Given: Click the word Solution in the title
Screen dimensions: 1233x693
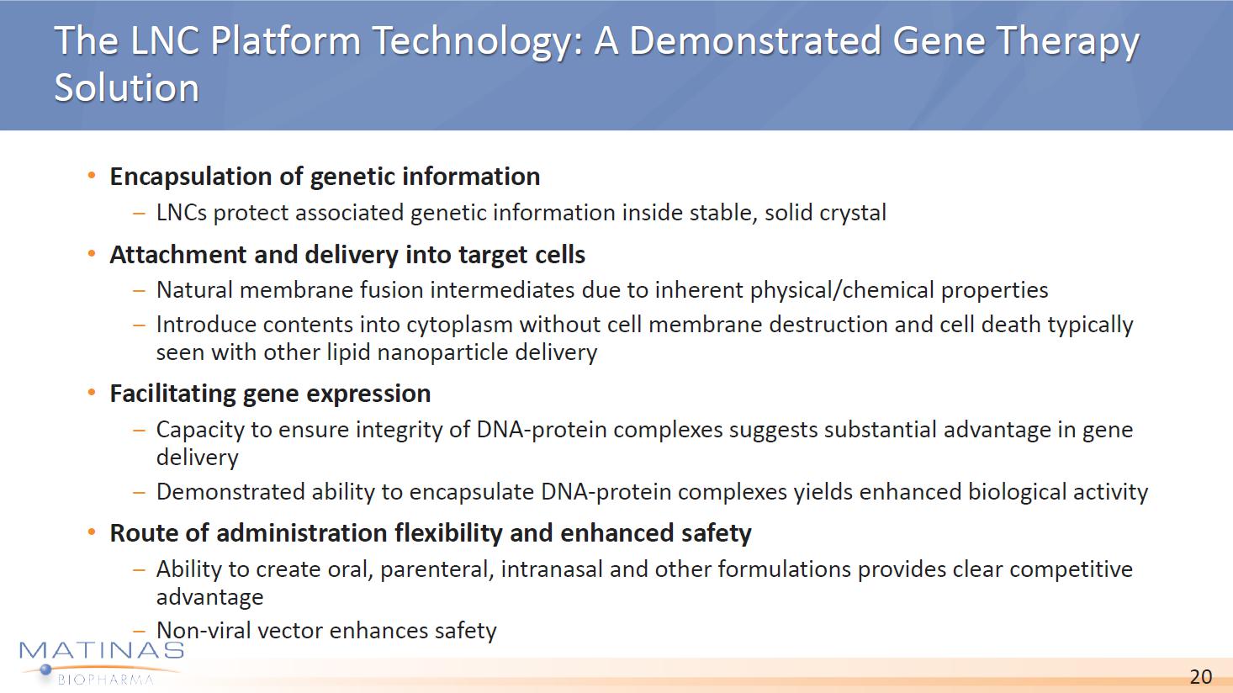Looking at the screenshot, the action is [127, 87].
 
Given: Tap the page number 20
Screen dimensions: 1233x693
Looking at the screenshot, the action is [1200, 676].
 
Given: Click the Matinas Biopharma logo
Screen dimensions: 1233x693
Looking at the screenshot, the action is [101, 663].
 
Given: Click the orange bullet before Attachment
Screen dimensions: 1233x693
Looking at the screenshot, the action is [92, 254].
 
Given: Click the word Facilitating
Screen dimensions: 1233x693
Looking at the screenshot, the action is [173, 394].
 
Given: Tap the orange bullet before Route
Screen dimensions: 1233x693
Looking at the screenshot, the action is [92, 532].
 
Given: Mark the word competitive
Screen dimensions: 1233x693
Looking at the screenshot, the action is [1071, 569].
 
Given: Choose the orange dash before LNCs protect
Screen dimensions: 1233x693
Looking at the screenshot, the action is [140, 213].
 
